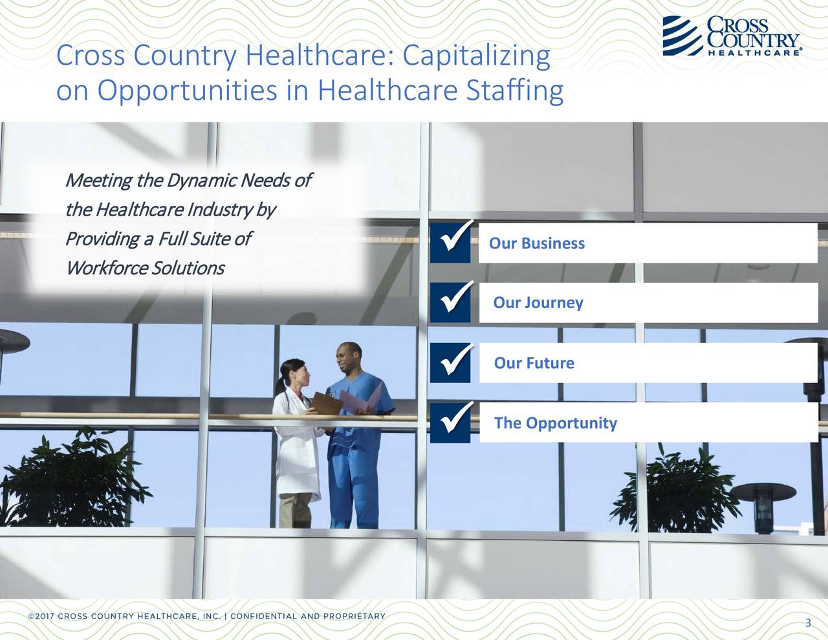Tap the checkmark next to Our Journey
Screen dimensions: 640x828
click(x=451, y=303)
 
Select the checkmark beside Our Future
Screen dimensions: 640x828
click(x=451, y=363)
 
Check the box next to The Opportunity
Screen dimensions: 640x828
click(x=451, y=423)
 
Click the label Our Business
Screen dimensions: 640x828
click(x=537, y=244)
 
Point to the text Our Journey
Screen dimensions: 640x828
click(x=538, y=303)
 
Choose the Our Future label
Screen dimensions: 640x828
click(x=534, y=363)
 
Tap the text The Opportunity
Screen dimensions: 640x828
click(x=556, y=423)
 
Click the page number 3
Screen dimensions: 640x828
click(x=808, y=624)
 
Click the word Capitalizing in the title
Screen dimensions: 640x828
click(x=476, y=57)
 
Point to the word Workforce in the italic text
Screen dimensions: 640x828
click(x=106, y=267)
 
